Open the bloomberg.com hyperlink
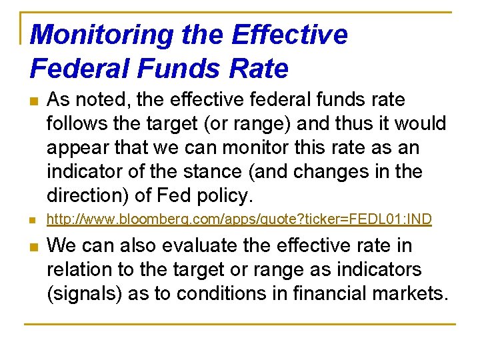click(x=239, y=219)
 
